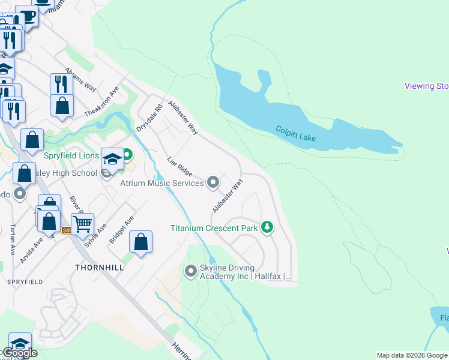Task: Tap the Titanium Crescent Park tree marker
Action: coord(268,227)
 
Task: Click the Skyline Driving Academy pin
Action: coord(191,271)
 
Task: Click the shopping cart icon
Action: coord(83,224)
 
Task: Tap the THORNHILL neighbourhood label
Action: coord(99,267)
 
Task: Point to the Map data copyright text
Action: coord(412,355)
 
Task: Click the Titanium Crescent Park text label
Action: coord(214,228)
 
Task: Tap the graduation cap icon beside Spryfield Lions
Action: coord(112,159)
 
